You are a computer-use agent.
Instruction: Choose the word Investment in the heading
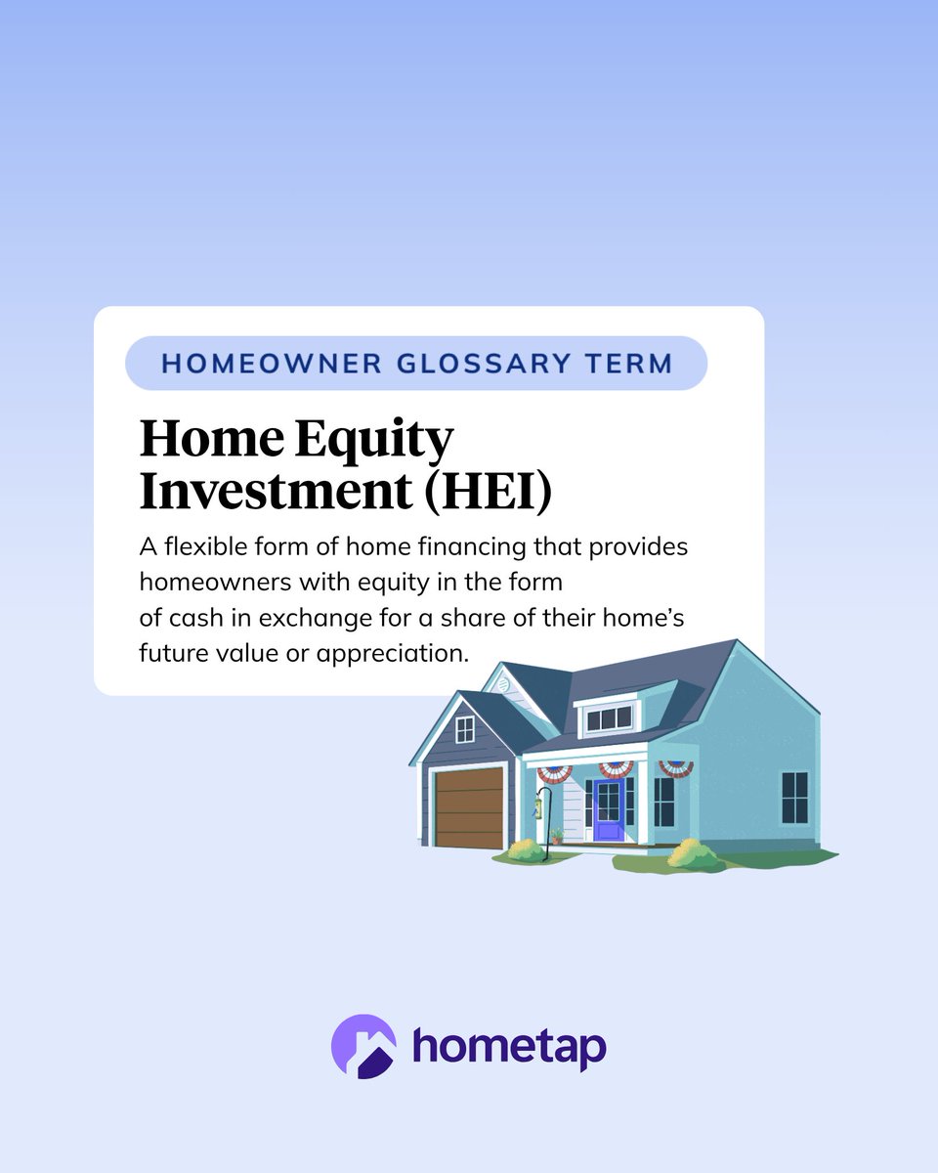[x=275, y=493]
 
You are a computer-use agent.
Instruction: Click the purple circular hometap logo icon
[x=363, y=1046]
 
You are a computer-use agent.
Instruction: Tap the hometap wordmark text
[x=509, y=1046]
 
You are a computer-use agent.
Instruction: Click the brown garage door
[x=470, y=807]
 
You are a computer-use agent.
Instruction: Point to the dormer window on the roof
[x=608, y=718]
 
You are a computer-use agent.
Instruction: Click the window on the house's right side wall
[x=794, y=797]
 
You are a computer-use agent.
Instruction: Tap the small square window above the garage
[x=465, y=729]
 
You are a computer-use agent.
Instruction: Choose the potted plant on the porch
[x=557, y=836]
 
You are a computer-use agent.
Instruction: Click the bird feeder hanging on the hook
[x=536, y=805]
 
